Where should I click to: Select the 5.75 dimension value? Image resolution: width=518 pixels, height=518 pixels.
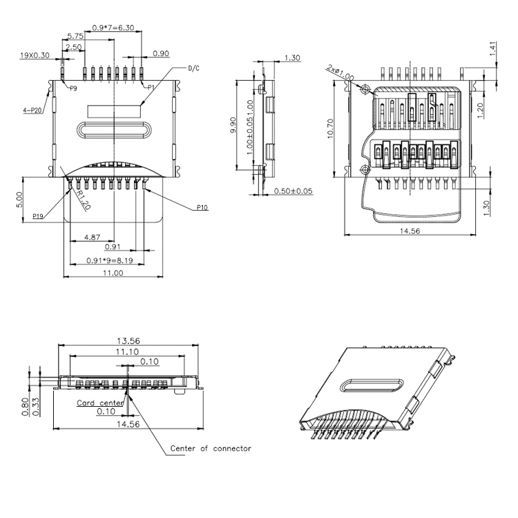(75, 36)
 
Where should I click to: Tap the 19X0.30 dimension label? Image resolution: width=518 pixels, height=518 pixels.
(34, 55)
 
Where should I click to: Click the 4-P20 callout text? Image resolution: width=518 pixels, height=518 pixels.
(32, 110)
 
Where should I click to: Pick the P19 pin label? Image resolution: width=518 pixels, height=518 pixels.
(39, 216)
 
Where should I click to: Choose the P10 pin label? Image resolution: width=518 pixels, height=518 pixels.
(203, 207)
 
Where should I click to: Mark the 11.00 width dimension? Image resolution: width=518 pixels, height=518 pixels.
(113, 273)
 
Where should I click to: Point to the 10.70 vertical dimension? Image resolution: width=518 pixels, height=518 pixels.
(332, 128)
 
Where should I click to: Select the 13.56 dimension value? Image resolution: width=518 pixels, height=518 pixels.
(129, 340)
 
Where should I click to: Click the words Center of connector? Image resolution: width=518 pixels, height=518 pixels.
(211, 448)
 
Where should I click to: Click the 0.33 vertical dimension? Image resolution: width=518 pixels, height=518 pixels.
(35, 407)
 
